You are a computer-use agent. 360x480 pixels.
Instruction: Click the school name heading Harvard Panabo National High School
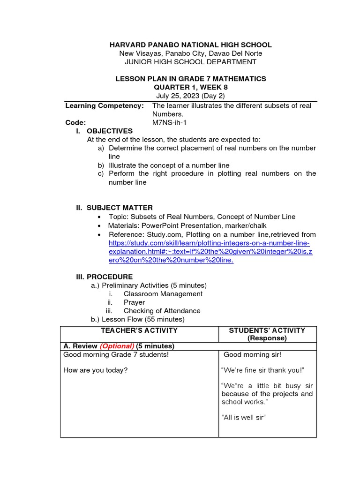point(190,45)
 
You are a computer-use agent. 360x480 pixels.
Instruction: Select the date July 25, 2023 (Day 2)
point(190,96)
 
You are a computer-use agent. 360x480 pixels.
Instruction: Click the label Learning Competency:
point(104,105)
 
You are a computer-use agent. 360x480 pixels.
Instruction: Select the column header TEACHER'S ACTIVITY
point(139,330)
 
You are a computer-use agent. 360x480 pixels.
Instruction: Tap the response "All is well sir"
point(243,417)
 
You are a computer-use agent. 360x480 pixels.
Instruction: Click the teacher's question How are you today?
point(95,370)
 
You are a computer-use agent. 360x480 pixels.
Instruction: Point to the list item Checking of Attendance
point(162,311)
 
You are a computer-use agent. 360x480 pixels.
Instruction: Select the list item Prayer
point(134,302)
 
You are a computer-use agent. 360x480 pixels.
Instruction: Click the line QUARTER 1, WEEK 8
point(190,87)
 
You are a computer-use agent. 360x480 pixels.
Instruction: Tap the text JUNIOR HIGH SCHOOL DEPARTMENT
point(190,62)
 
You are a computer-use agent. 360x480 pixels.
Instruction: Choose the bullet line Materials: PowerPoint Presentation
point(187,225)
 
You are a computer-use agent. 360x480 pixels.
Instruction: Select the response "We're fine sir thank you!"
point(262,370)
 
